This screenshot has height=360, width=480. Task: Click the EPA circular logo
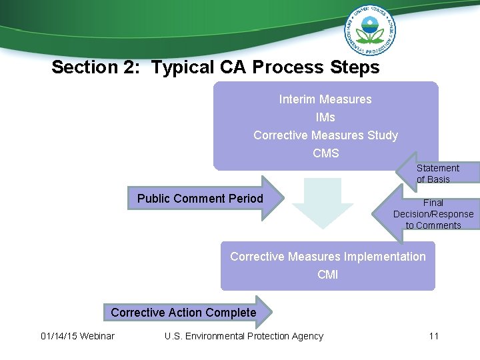click(370, 30)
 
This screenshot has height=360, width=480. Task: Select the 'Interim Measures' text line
click(325, 99)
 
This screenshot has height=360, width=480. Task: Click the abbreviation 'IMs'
click(325, 117)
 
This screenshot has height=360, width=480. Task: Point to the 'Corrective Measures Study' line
click(325, 135)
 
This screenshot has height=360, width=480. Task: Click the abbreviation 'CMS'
click(325, 153)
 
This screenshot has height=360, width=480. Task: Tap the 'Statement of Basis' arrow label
click(437, 173)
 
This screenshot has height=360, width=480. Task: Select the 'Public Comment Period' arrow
click(200, 198)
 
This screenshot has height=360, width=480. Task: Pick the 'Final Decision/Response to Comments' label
click(433, 214)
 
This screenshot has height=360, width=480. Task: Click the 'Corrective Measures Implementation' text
click(327, 257)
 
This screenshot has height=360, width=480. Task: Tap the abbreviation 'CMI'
click(327, 274)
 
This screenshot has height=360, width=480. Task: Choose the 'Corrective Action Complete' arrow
click(183, 313)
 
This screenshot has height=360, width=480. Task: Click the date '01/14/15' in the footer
click(58, 336)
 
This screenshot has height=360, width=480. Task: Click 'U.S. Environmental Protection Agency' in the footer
click(244, 336)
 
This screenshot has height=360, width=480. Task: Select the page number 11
click(433, 336)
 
